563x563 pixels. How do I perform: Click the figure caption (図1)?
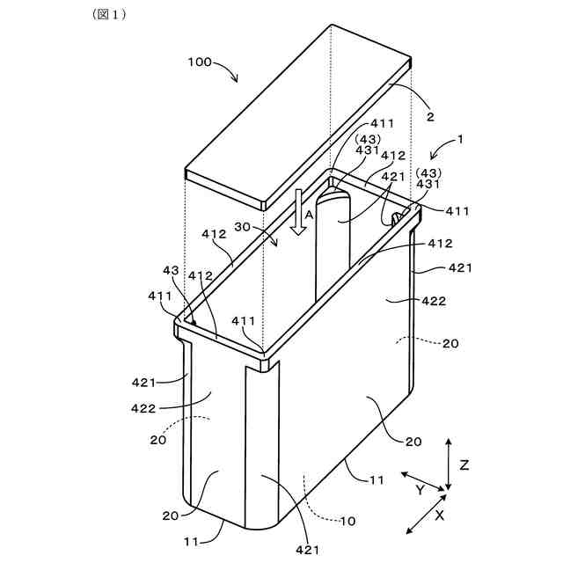109,16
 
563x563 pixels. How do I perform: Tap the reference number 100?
200,62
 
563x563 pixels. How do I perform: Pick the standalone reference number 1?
460,139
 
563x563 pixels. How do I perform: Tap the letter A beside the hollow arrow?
309,213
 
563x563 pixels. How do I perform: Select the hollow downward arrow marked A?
298,212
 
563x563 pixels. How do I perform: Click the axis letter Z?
464,464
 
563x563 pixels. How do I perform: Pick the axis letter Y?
420,489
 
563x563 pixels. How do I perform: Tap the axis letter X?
440,516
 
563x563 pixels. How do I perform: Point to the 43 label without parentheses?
170,270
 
